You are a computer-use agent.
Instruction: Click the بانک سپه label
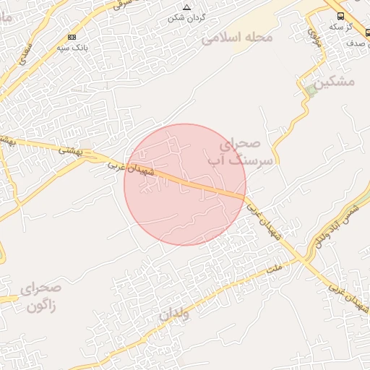click(72, 48)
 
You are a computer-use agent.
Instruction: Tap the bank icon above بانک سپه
click(72, 37)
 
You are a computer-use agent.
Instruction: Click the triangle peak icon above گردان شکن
click(186, 7)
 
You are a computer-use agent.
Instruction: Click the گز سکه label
click(340, 26)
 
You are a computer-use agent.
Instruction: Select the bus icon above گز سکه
click(340, 14)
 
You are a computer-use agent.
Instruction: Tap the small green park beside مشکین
click(311, 90)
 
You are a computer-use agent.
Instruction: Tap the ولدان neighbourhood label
click(174, 315)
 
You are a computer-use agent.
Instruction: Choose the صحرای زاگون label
click(41, 297)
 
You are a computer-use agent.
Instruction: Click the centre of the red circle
click(185, 184)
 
